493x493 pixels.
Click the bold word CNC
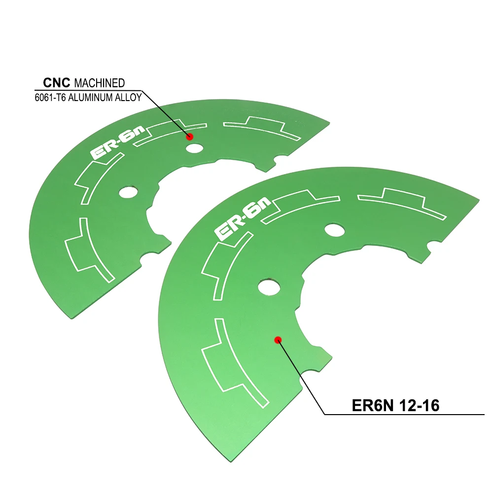[x=56, y=82]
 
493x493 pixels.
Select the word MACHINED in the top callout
[x=99, y=83]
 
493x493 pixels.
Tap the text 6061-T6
[x=50, y=97]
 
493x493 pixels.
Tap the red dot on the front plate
[x=278, y=339]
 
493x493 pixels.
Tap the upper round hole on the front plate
[x=335, y=229]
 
